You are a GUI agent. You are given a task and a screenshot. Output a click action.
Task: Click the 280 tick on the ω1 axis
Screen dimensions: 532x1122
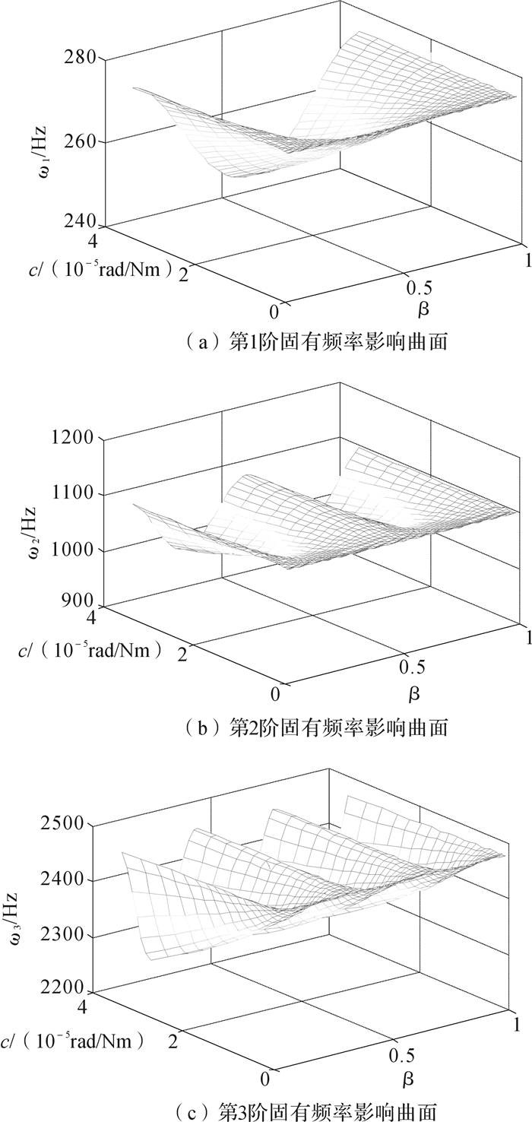[x=79, y=58]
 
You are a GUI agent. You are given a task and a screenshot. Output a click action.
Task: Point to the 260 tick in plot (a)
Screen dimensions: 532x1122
[x=79, y=141]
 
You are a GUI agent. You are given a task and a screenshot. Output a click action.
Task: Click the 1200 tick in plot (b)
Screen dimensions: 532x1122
[x=74, y=438]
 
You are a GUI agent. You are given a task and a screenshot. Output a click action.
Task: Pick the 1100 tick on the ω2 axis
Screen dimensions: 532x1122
[x=74, y=494]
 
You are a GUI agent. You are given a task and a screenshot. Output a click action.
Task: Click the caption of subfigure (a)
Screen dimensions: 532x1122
[x=314, y=342]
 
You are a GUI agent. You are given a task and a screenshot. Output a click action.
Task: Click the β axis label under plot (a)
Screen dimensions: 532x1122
[x=423, y=309]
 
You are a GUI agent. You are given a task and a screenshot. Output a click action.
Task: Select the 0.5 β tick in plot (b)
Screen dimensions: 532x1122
[x=410, y=667]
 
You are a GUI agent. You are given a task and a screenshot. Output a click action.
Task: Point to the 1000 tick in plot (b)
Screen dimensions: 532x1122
[x=74, y=550]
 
